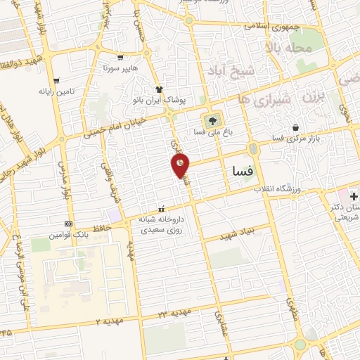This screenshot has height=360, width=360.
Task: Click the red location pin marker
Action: click(181, 165)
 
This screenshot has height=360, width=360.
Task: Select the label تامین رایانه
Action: click(56, 91)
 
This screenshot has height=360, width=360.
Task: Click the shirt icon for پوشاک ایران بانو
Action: click(160, 89)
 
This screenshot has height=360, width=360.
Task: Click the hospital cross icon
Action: click(342, 193)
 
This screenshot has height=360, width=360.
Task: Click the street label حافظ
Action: click(116, 226)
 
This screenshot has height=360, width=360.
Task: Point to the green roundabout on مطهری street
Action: click(300, 345)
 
